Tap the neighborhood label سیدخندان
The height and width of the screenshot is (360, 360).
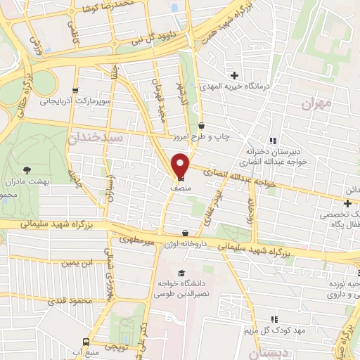(97, 139)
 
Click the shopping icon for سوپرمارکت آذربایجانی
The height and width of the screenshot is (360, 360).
(75, 91)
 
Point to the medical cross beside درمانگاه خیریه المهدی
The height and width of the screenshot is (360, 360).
(233, 75)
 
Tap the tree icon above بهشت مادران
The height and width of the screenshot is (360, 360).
(27, 169)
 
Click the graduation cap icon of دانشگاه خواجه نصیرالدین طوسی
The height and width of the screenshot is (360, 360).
(181, 273)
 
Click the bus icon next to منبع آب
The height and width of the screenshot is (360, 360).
(86, 342)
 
